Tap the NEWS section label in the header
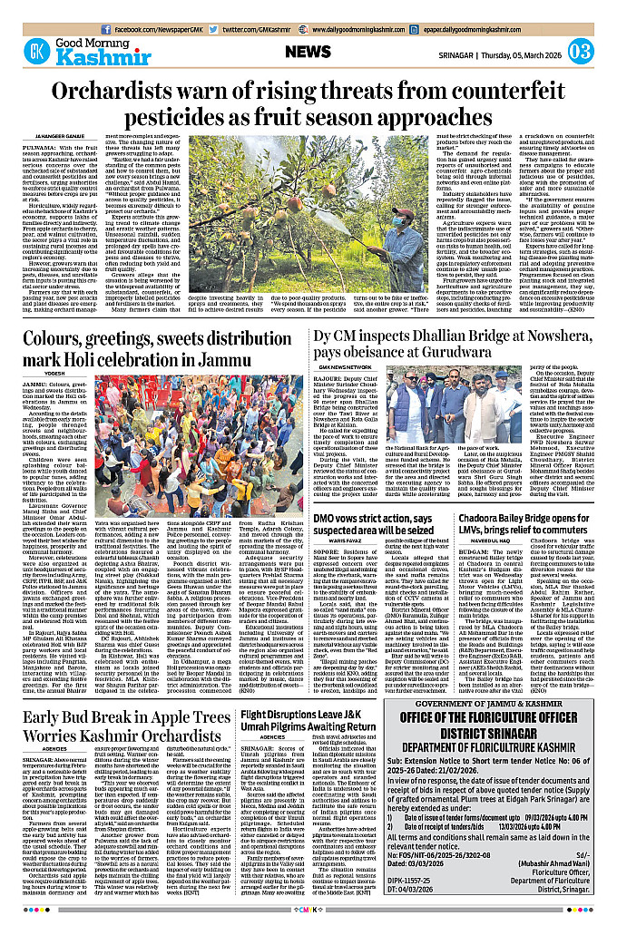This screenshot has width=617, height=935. click(308, 52)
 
